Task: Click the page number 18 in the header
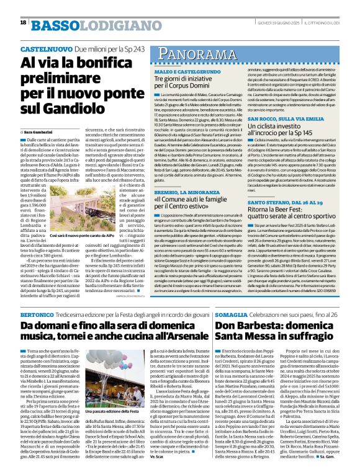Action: coord(23,23)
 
